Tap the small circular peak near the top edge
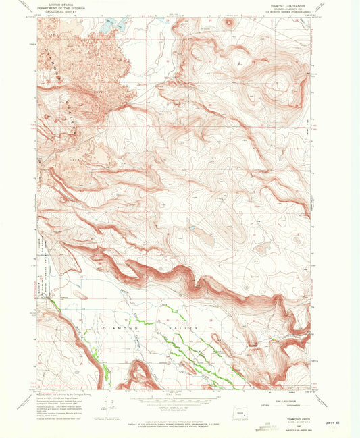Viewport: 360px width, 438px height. pos(228,22)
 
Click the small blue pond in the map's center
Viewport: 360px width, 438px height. pos(192,229)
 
